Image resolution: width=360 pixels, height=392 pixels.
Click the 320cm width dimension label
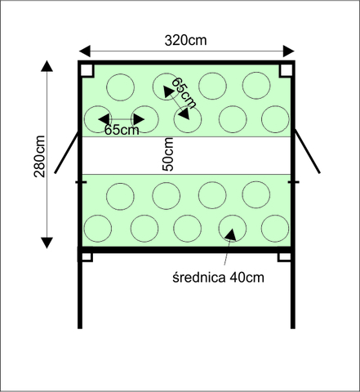pyautogui.click(x=185, y=40)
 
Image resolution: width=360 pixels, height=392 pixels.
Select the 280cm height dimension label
pyautogui.click(x=39, y=157)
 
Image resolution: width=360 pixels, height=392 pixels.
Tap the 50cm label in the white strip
pyautogui.click(x=168, y=154)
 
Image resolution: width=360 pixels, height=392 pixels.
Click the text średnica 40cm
pyautogui.click(x=218, y=278)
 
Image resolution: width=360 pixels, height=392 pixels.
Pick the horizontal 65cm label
pyautogui.click(x=122, y=130)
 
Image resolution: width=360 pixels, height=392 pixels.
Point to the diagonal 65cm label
pyautogui.click(x=184, y=93)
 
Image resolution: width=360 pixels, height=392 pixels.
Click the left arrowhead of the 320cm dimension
pyautogui.click(x=85, y=51)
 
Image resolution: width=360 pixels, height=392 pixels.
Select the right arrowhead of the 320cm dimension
pyautogui.click(x=289, y=51)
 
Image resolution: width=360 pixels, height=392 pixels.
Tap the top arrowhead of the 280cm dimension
pyautogui.click(x=47, y=66)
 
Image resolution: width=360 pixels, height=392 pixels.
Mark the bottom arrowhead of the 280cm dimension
pyautogui.click(x=47, y=243)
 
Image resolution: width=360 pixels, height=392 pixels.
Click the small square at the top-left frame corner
pyautogui.click(x=87, y=71)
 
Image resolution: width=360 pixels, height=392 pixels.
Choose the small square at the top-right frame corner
pyautogui.click(x=286, y=71)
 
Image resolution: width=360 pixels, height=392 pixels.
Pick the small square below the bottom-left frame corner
pyautogui.click(x=87, y=257)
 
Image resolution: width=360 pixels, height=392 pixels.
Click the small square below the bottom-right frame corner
pyautogui.click(x=284, y=257)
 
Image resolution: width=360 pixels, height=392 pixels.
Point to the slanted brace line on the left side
pyautogui.click(x=67, y=153)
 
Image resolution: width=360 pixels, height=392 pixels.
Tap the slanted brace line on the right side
pyautogui.click(x=308, y=152)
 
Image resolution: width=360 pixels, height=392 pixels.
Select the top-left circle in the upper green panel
pyautogui.click(x=120, y=87)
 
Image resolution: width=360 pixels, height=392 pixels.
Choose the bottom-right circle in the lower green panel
pyautogui.click(x=275, y=229)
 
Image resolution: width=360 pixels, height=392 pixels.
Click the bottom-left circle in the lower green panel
pyautogui.click(x=98, y=229)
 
